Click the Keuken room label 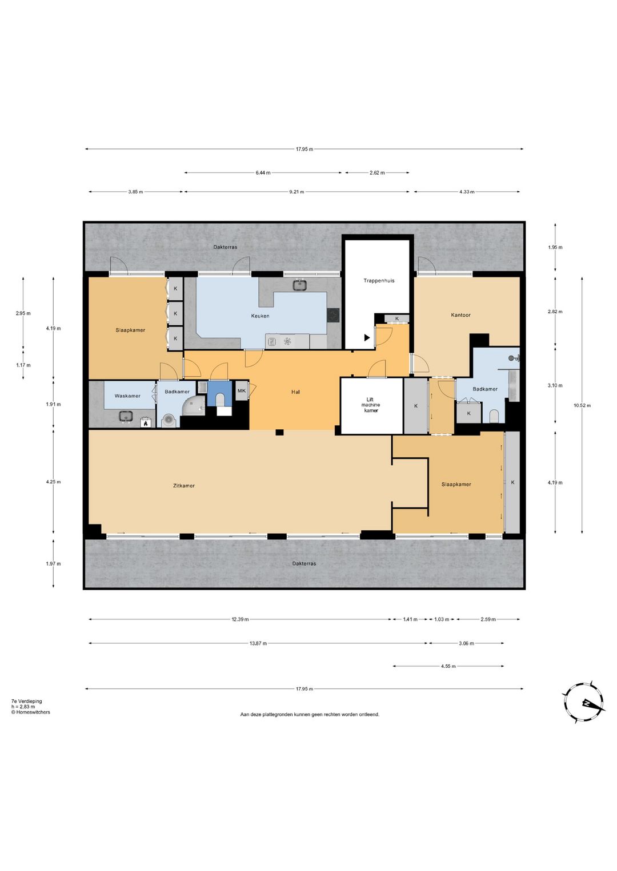(x=259, y=316)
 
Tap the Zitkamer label (x=184, y=485)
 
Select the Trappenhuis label (x=379, y=280)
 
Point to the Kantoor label (x=460, y=315)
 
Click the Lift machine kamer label (x=370, y=405)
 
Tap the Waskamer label (x=127, y=396)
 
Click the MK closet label (x=241, y=391)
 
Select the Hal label (x=295, y=392)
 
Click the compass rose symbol (x=583, y=703)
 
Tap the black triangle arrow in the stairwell (x=367, y=337)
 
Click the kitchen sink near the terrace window (x=300, y=285)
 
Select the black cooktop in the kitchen (x=333, y=315)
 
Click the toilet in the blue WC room (x=220, y=400)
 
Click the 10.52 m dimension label (x=582, y=405)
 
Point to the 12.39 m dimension (x=240, y=619)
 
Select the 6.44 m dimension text (x=263, y=172)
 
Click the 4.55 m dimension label (x=448, y=666)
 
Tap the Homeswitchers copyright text (x=31, y=712)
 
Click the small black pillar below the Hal (x=279, y=433)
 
